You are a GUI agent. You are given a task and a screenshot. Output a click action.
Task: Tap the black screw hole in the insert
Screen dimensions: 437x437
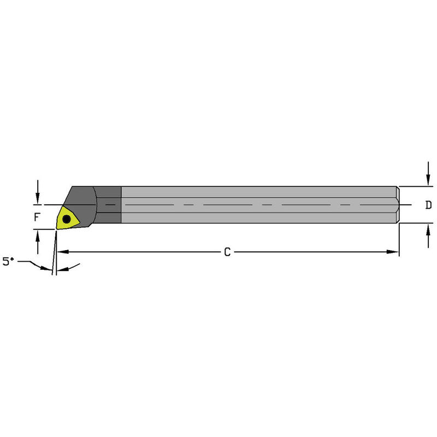click(x=67, y=219)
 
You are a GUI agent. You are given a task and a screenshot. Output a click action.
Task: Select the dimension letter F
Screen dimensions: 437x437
click(x=37, y=217)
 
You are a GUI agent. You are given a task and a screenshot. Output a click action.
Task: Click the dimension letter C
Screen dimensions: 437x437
click(x=227, y=252)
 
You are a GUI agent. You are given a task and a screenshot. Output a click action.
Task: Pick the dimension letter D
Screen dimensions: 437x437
click(x=428, y=205)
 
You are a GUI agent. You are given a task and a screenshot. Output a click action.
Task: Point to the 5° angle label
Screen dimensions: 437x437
click(x=8, y=262)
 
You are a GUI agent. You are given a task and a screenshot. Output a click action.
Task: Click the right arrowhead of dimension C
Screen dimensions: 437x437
click(x=394, y=252)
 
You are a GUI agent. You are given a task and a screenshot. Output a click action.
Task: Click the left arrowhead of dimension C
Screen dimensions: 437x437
click(x=62, y=252)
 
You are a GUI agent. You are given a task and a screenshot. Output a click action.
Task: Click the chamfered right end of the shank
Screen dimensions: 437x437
click(x=398, y=205)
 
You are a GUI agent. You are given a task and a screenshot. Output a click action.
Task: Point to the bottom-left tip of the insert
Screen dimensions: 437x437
click(x=57, y=228)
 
